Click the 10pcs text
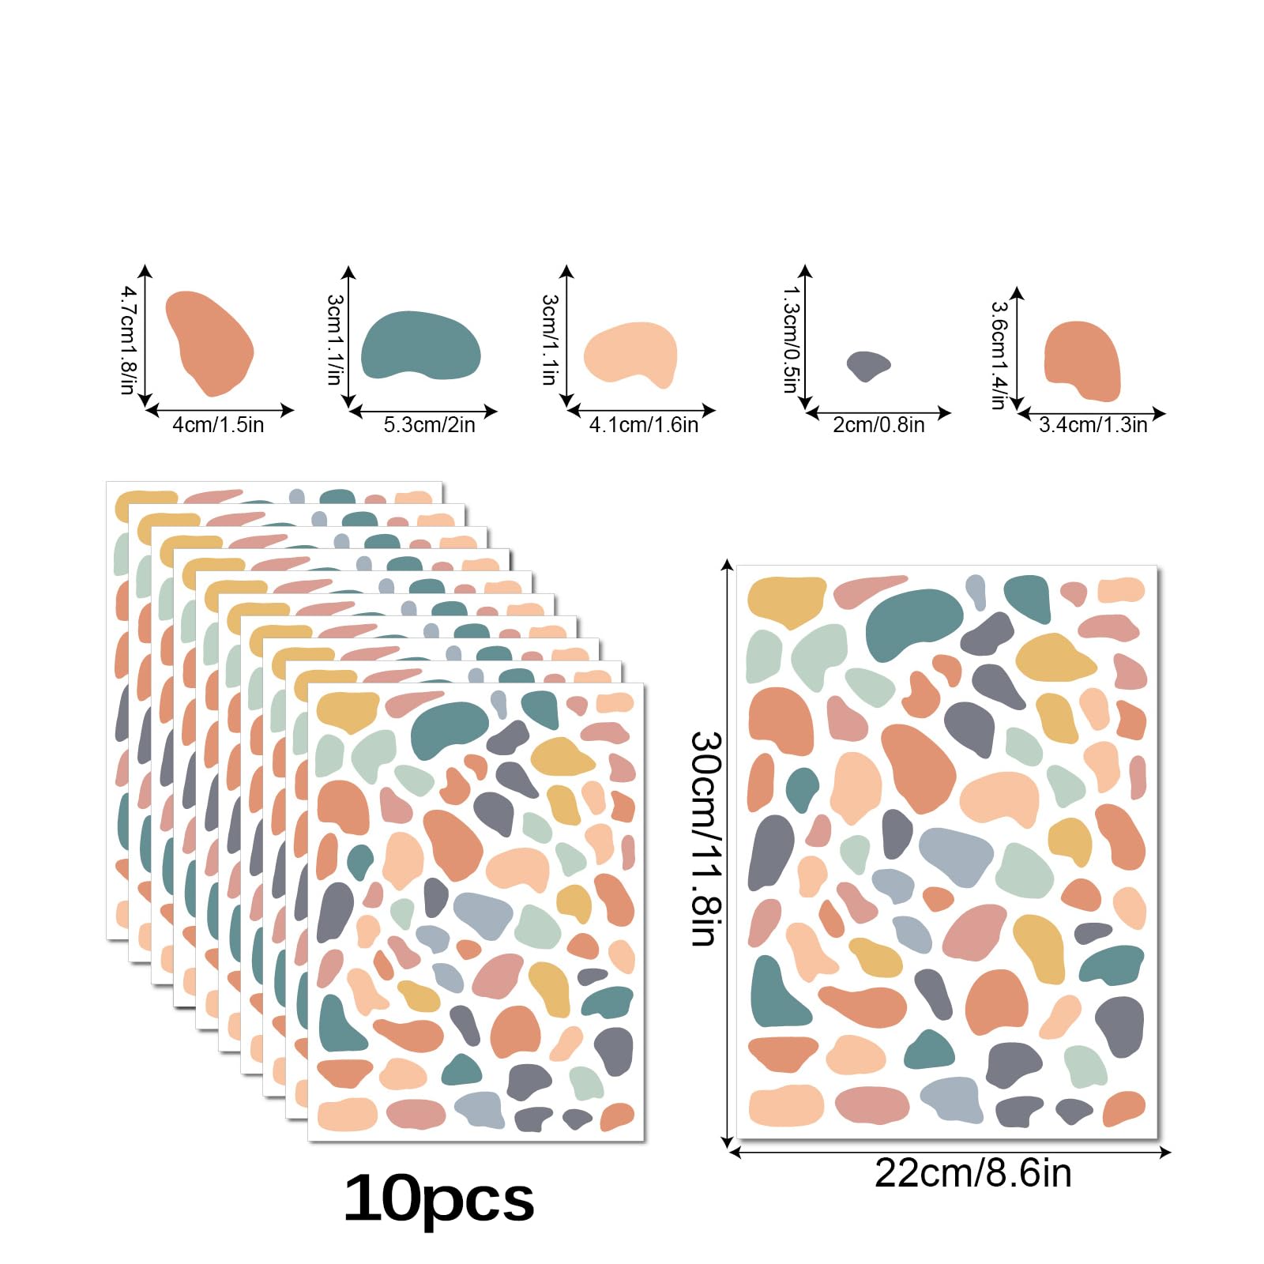(x=439, y=1199)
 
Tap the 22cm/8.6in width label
(x=972, y=1173)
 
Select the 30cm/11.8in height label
(x=705, y=838)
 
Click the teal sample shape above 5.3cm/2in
(x=420, y=345)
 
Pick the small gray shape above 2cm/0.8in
(x=867, y=365)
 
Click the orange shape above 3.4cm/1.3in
(x=1082, y=360)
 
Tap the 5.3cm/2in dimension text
(x=429, y=425)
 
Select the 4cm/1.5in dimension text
(x=218, y=425)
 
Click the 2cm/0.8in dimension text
(x=878, y=425)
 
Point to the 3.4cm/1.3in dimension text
(x=1093, y=425)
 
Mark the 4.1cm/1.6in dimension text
(x=644, y=425)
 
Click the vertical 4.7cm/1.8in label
(x=127, y=340)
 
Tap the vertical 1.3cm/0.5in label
(x=790, y=340)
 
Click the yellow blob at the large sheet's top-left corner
(x=785, y=600)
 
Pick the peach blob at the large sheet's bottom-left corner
(x=785, y=1105)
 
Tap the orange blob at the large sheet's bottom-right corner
(x=1123, y=1108)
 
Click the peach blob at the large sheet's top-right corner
(x=1121, y=590)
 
